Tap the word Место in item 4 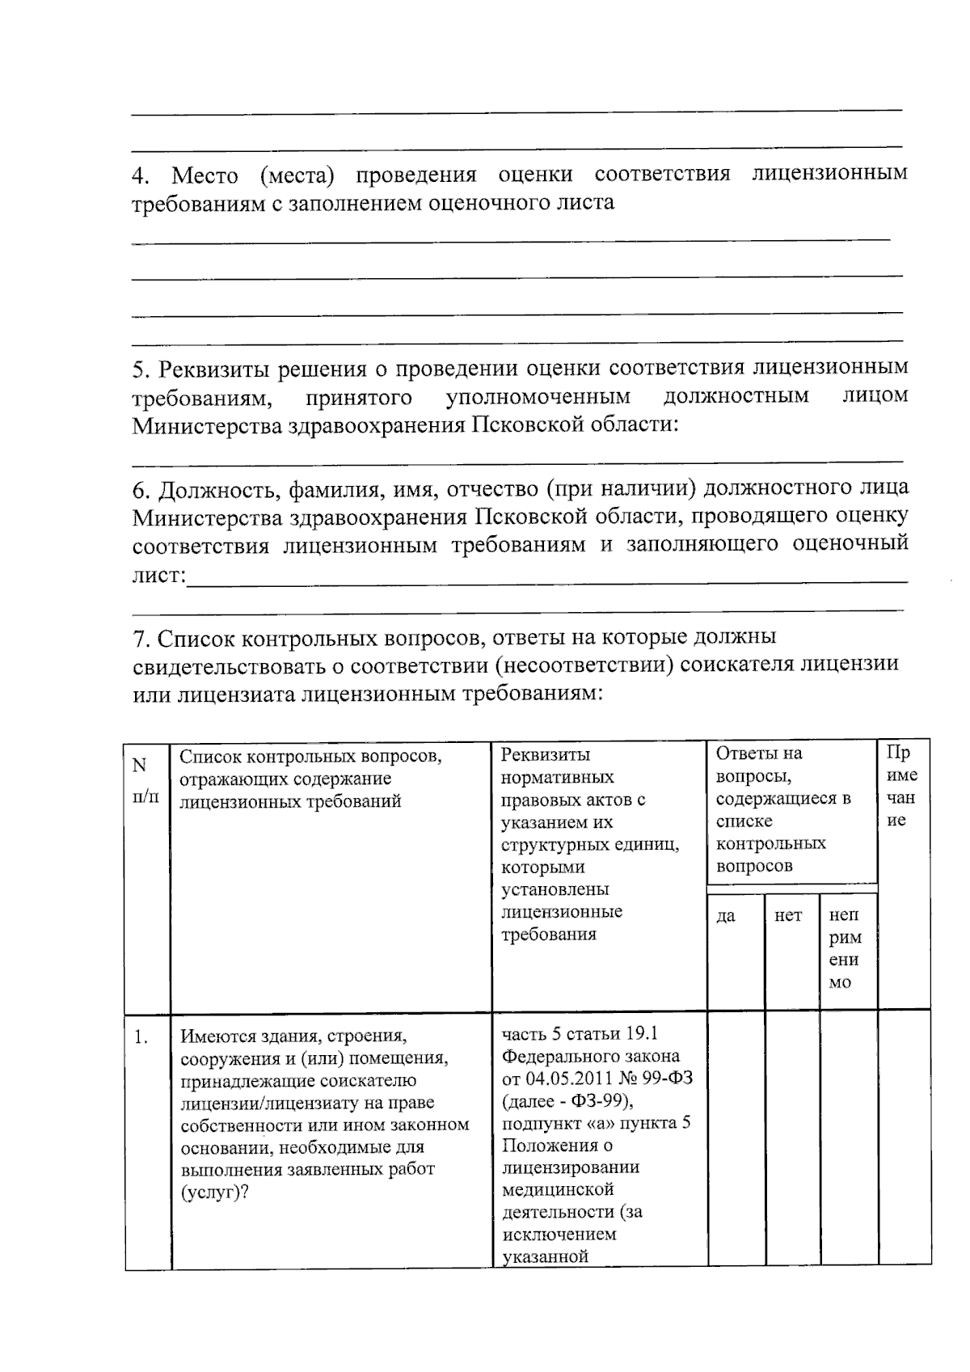coord(205,176)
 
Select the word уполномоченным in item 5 coord(538,398)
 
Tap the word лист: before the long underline coord(159,576)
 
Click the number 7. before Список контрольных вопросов coord(141,639)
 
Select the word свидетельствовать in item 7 coord(229,666)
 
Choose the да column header coord(726,916)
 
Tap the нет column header coord(788,916)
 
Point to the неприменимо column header coord(845,948)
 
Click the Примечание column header coord(902,787)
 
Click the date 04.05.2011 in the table coord(567,1079)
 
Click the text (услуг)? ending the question coord(214,1193)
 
